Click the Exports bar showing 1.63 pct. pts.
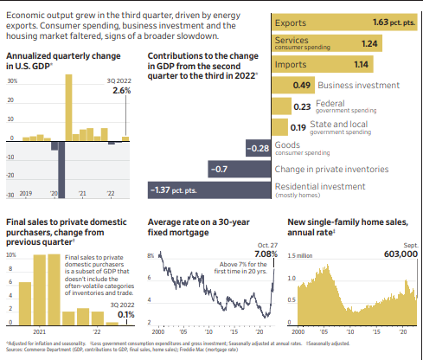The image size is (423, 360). tap(346, 24)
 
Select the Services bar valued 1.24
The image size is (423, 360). tap(333, 44)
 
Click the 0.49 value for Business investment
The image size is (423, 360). tap(302, 85)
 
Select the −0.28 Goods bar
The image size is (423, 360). tap(258, 148)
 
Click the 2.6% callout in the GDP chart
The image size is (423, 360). tap(122, 91)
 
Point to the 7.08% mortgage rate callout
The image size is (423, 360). tap(266, 254)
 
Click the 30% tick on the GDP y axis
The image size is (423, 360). tap(12, 80)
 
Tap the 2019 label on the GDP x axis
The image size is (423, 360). tap(25, 194)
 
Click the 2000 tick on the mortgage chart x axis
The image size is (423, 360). tap(157, 331)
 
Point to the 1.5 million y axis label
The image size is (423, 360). tap(298, 256)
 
